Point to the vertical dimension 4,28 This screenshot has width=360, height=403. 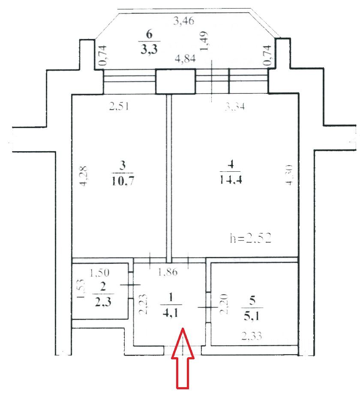(84, 175)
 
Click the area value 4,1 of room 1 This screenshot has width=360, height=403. (170, 312)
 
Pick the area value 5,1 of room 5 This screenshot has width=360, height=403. (252, 317)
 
